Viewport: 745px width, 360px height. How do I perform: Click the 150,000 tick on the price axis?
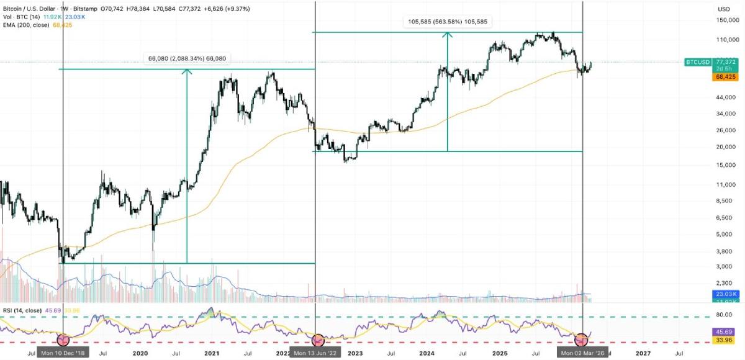tap(726, 20)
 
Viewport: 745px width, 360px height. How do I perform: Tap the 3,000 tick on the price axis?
tap(723, 266)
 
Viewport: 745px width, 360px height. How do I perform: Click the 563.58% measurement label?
tap(447, 22)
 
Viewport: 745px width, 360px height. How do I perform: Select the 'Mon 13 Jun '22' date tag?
tap(317, 353)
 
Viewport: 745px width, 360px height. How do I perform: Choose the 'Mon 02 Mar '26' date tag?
tap(582, 353)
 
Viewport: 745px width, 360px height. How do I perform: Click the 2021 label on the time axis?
tap(212, 353)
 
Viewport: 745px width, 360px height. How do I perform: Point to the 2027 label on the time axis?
tap(643, 353)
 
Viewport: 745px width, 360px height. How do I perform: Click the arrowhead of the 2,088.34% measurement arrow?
tap(187, 71)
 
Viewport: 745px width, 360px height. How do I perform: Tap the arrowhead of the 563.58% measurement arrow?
tap(447, 35)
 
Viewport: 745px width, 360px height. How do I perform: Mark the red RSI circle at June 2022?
tap(317, 340)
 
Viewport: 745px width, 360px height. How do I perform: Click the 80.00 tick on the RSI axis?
tap(725, 315)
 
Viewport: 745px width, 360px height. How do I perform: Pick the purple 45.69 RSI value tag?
tap(725, 332)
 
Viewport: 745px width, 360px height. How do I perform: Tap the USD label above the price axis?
tap(723, 9)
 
